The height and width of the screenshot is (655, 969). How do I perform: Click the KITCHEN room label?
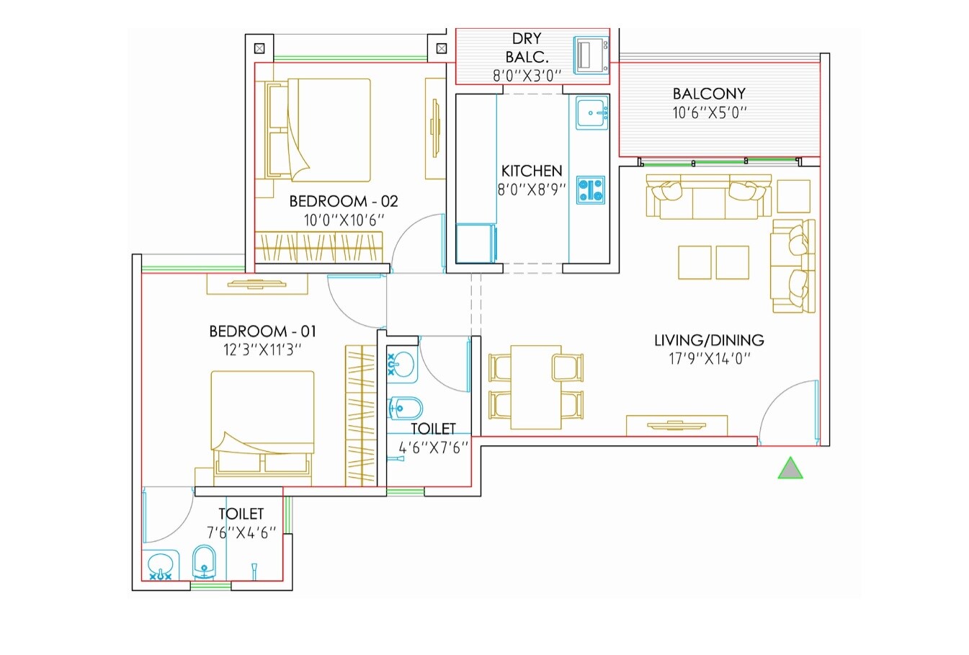tap(531, 171)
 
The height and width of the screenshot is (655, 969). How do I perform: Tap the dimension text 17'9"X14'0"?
tap(709, 358)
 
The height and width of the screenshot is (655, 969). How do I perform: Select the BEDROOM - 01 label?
tap(262, 331)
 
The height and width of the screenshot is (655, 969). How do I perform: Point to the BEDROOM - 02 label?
tap(343, 201)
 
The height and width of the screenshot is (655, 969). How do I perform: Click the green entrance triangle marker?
tap(790, 469)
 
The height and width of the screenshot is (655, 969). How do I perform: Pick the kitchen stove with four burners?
tap(590, 190)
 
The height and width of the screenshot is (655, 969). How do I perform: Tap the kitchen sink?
tap(591, 113)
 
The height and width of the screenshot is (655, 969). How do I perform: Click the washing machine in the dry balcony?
tap(591, 55)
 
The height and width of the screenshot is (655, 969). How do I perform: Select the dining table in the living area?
tap(535, 386)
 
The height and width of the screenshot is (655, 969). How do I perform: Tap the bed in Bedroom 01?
tap(262, 425)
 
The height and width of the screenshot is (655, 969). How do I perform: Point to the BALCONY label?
tap(709, 94)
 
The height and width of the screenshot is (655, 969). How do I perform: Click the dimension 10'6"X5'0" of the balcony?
tap(709, 112)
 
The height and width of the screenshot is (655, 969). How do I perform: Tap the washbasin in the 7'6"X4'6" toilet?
tap(161, 566)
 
